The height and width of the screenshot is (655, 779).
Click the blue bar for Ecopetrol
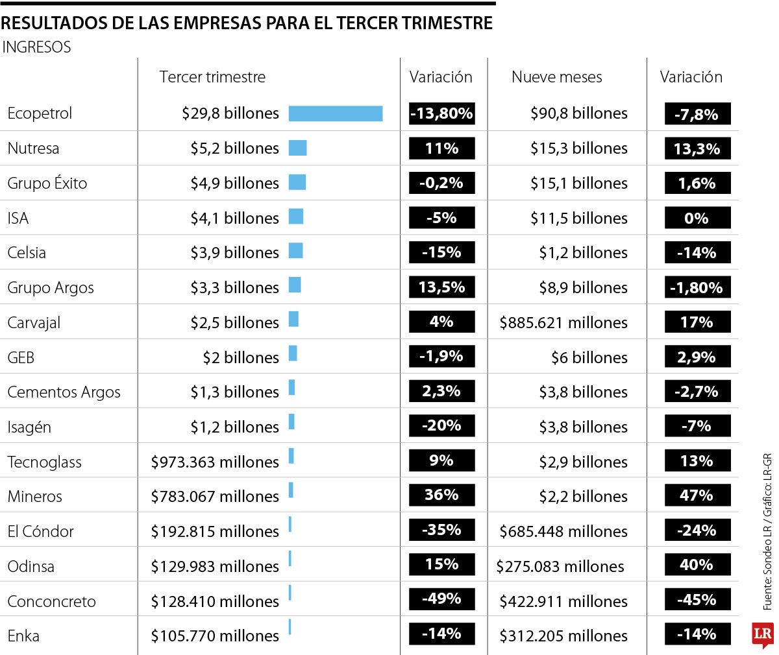point(336,113)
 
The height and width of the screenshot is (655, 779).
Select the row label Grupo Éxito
point(47,184)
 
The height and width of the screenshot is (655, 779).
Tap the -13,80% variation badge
point(441,113)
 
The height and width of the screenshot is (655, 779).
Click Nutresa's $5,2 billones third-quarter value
point(234,149)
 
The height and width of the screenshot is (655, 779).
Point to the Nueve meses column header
point(556,77)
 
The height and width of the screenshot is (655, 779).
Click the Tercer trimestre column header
point(212,77)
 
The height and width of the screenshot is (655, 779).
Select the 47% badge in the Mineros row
point(697,496)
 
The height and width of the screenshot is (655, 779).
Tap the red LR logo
point(763,635)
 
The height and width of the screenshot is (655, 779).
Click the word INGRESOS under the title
point(37,47)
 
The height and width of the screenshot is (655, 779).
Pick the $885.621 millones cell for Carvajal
point(563,323)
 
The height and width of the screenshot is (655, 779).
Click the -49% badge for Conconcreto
point(441,599)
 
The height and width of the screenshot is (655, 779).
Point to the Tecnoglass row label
point(44,462)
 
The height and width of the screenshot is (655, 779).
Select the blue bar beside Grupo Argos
point(295,285)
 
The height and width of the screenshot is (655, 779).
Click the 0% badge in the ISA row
point(697,219)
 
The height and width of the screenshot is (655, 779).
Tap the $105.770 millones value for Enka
point(215,636)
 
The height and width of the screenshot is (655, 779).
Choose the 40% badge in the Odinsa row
point(697,565)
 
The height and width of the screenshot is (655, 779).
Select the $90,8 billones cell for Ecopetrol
point(578,113)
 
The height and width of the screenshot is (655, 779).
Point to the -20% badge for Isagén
point(441,426)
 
